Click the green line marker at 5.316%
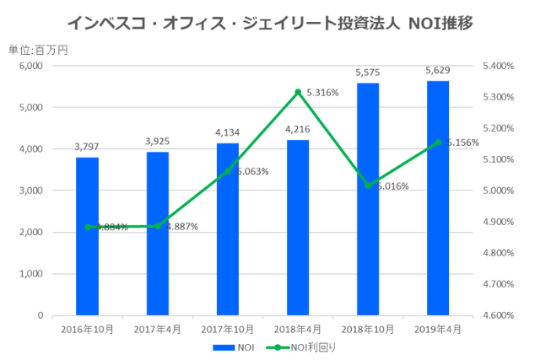click(298, 92)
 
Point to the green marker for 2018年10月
click(368, 185)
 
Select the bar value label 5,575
click(368, 73)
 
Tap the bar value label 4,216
click(298, 130)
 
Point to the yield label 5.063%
click(251, 171)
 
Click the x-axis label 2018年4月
click(298, 330)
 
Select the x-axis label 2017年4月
click(157, 330)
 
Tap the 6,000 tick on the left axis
click(31, 66)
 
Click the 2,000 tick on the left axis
click(31, 233)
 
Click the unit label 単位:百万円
click(38, 50)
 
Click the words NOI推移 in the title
click(440, 23)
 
